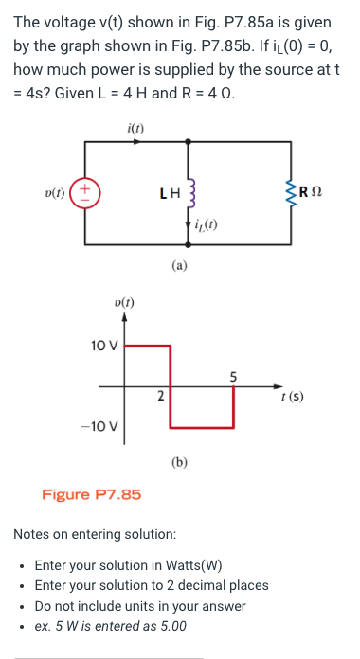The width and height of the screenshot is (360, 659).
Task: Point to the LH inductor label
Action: tap(169, 196)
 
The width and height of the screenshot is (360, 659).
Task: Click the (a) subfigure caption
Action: tap(180, 267)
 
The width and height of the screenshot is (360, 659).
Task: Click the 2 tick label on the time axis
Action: tap(160, 395)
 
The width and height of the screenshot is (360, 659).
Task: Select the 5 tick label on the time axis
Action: tap(233, 377)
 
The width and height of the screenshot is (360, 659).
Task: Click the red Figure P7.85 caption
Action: tap(92, 494)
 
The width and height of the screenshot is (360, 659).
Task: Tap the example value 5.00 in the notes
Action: tap(168, 626)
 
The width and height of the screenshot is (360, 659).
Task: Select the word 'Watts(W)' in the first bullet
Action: tap(189, 566)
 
